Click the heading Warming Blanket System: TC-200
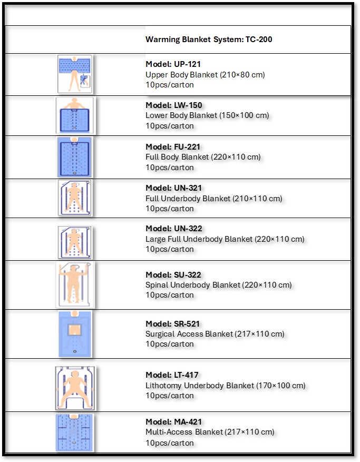click(x=209, y=40)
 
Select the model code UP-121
click(x=186, y=64)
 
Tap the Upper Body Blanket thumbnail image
click(x=75, y=74)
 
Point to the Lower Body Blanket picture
click(x=75, y=115)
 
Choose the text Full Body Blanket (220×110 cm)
click(x=203, y=157)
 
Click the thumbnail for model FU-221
click(x=75, y=157)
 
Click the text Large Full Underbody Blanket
click(x=199, y=239)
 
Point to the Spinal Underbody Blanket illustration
click(x=75, y=284)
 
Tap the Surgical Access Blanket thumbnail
click(x=75, y=334)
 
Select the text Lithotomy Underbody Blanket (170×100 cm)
click(x=225, y=386)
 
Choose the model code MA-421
click(x=187, y=422)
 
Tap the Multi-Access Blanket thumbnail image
click(x=75, y=432)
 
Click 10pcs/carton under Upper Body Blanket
click(x=170, y=85)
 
